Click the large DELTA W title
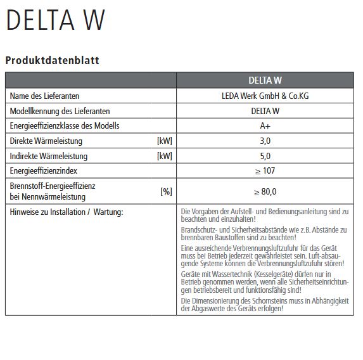[x=55, y=22]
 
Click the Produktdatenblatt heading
[x=52, y=61]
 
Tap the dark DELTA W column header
[x=265, y=80]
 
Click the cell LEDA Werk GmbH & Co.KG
[x=265, y=96]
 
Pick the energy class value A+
[x=265, y=125]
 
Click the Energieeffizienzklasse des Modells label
[x=65, y=125]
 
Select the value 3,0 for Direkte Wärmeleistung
[x=265, y=141]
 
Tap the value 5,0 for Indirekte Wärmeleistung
[x=265, y=156]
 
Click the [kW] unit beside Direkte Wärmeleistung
[x=164, y=141]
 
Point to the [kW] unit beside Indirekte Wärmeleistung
[x=164, y=156]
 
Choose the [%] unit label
[x=166, y=191]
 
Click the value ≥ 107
[x=265, y=171]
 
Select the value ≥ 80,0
[x=265, y=191]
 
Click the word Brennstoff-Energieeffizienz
[x=53, y=186]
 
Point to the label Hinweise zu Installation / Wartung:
[x=67, y=211]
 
